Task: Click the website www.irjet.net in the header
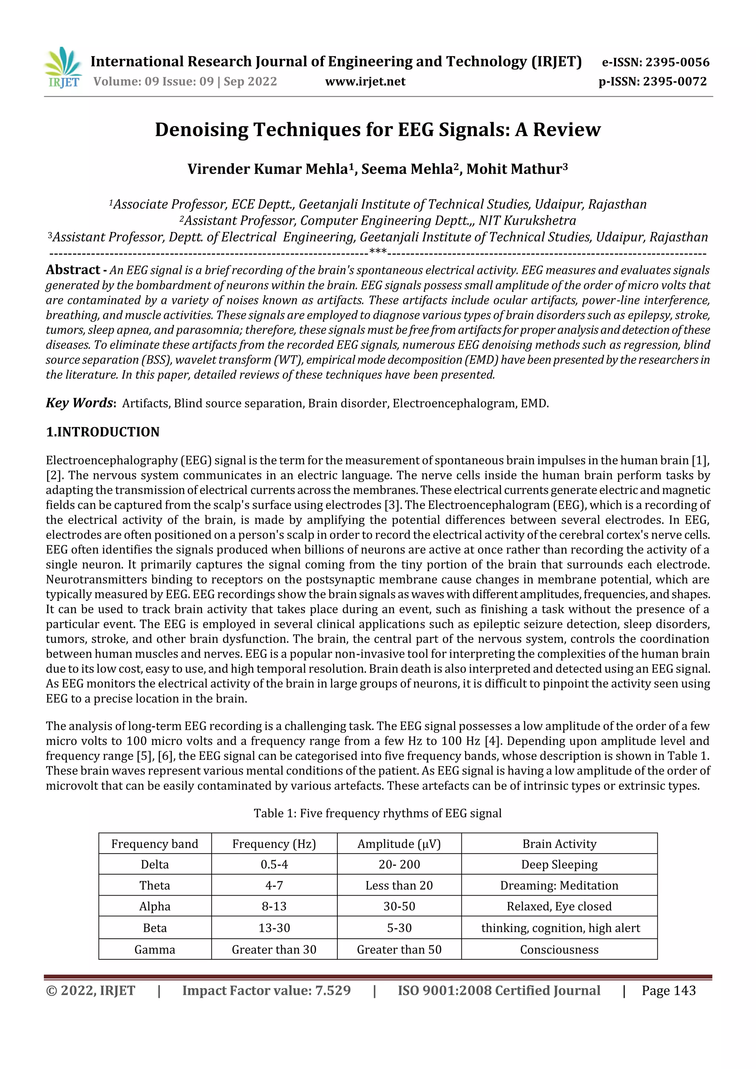click(365, 82)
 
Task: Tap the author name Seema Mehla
click(407, 169)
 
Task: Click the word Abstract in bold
click(73, 270)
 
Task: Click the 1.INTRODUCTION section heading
click(103, 432)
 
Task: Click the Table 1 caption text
click(377, 813)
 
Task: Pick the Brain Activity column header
click(559, 844)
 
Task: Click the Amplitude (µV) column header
click(399, 844)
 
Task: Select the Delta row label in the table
click(155, 864)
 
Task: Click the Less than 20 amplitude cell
click(399, 885)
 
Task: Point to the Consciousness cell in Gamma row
click(559, 949)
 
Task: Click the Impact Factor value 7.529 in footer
click(267, 990)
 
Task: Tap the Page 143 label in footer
click(669, 990)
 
